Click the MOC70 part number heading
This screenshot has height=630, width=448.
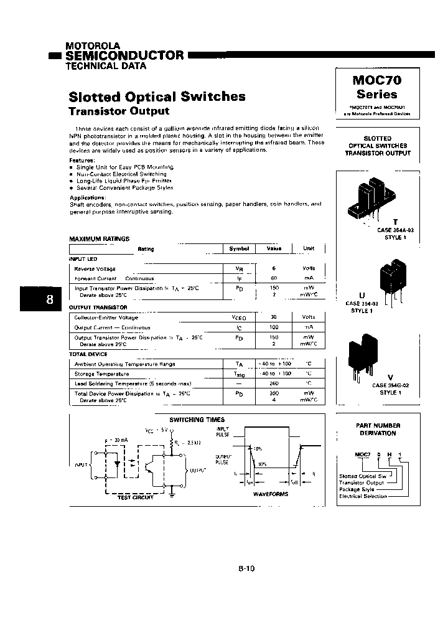377,80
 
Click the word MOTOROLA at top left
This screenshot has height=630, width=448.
93,46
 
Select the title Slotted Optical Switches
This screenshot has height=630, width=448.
156,96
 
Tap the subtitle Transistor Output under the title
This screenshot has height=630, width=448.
118,111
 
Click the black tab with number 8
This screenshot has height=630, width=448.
50,299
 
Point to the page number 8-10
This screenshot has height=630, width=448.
246,568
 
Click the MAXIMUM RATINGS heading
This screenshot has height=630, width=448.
100,238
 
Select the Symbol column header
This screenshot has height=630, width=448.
239,248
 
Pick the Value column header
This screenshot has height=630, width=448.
274,248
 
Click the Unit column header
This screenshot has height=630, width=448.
309,248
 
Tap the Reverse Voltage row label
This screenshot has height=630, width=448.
95,268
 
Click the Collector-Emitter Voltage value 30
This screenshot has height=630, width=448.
274,317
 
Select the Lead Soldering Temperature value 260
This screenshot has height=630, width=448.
274,383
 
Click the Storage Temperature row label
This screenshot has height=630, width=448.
101,374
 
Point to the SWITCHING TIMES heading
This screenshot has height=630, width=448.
197,420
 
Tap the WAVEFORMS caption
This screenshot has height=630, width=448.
271,494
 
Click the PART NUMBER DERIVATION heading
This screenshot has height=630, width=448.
378,429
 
